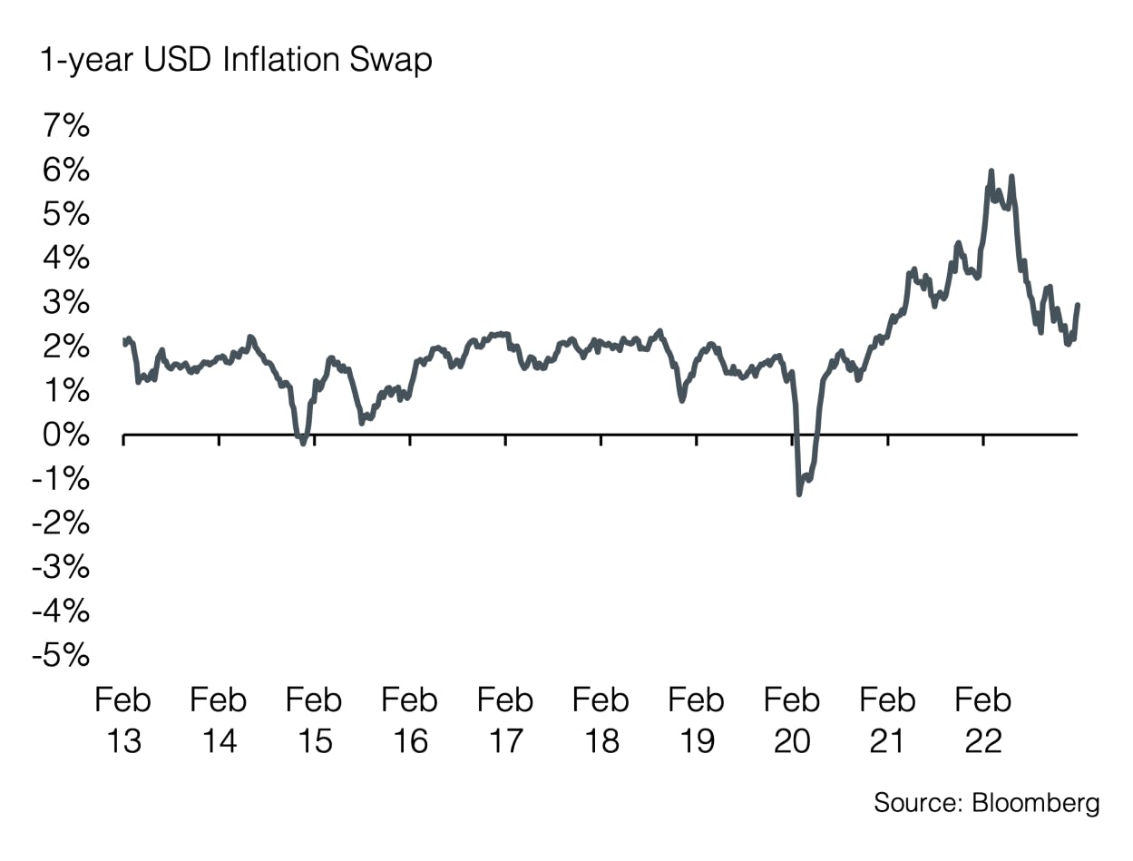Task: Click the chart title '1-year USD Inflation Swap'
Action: pos(235,62)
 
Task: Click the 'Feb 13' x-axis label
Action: pos(123,720)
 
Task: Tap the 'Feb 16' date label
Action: pos(410,720)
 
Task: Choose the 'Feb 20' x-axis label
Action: pos(792,720)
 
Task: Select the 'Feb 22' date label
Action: pos(983,720)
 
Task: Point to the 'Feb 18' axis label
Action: pos(601,720)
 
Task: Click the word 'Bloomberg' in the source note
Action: pos(1036,803)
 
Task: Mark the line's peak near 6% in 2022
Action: pos(991,171)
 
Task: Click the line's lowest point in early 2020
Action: pos(799,494)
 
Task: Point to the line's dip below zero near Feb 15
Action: pos(303,443)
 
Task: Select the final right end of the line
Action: pos(1078,306)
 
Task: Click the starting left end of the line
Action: pos(124,341)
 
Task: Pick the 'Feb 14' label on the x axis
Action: pos(220,720)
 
